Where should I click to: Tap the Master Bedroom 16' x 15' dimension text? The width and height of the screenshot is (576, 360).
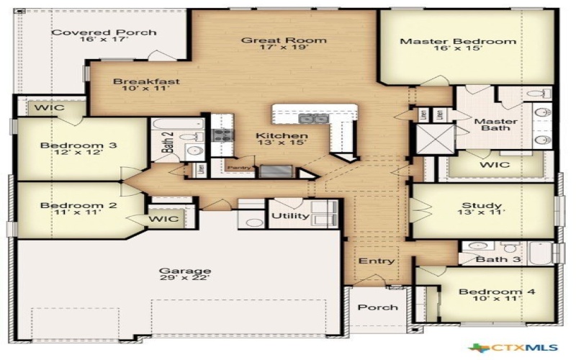tap(458, 53)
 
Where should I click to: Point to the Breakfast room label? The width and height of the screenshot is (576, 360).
tap(146, 82)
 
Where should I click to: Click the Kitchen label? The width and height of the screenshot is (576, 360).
tap(282, 135)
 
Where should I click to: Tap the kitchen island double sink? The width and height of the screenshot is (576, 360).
tap(313, 119)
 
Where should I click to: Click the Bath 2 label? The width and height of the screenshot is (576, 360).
tap(167, 143)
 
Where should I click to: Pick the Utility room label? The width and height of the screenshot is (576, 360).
tap(290, 216)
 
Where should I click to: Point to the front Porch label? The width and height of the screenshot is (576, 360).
tap(377, 307)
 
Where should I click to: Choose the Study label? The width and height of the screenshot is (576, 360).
tap(482, 206)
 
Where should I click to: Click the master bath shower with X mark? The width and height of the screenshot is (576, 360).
tap(433, 138)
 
